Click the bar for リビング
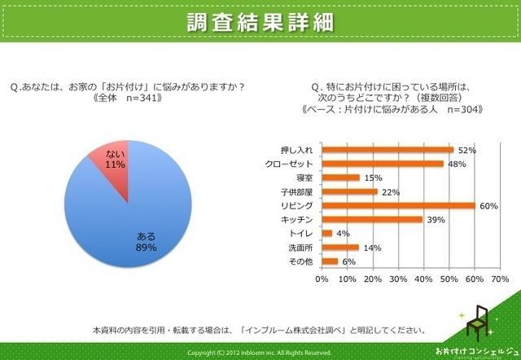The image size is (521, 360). point(398,205)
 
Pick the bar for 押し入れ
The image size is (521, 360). point(387,150)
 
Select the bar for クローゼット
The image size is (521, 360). point(383,164)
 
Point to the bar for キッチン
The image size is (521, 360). point(371,219)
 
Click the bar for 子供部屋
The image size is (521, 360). point(349,191)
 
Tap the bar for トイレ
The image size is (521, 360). point(326,233)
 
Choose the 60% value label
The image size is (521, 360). point(488,206)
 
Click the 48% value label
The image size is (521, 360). point(457,164)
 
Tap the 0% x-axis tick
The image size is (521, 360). point(322,280)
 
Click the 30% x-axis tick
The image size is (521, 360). point(397,280)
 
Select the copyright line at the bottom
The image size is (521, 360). point(260,353)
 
